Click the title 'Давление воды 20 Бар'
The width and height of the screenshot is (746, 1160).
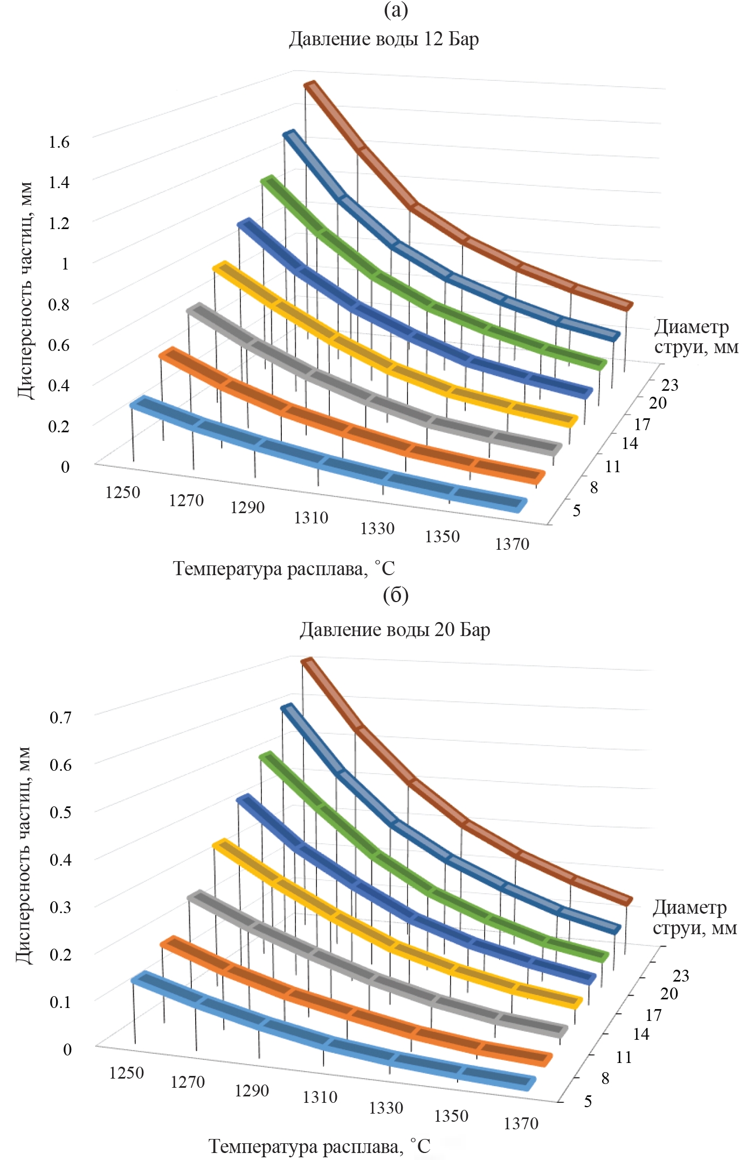point(395,630)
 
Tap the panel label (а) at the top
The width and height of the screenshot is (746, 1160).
point(396,10)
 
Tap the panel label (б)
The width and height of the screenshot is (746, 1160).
point(396,595)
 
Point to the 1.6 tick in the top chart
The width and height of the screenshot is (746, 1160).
point(59,142)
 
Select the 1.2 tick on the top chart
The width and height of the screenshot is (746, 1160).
point(59,223)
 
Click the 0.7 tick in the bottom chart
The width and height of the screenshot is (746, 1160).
point(60,717)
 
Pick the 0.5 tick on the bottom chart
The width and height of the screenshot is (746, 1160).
point(60,812)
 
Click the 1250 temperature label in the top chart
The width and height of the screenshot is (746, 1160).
point(123,492)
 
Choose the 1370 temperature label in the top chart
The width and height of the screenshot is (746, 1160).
point(512,544)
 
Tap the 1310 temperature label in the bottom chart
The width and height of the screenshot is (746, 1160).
point(320,1097)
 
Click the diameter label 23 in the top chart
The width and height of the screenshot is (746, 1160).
point(670,385)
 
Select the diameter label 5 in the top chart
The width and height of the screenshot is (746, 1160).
point(577,510)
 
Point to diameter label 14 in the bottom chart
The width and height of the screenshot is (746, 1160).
point(641,1034)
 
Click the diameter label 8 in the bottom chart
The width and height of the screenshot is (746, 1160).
point(605,1078)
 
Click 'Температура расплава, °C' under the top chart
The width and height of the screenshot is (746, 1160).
point(284,569)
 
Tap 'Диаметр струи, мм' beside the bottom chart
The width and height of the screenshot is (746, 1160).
point(694,917)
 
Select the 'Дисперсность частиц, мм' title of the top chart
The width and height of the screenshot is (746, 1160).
point(25,291)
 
